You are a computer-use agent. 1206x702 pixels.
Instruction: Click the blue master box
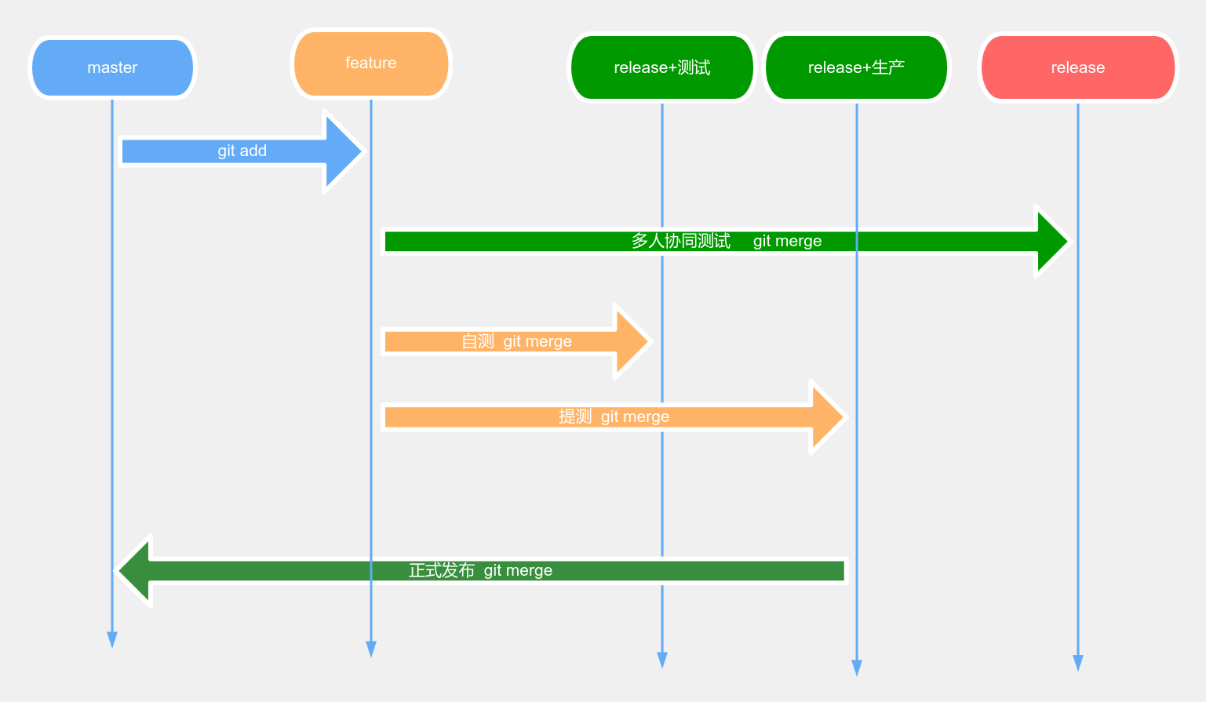pyautogui.click(x=112, y=68)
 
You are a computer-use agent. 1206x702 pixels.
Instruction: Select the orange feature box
pyautogui.click(x=371, y=64)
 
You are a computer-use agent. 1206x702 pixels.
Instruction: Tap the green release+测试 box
pyautogui.click(x=661, y=68)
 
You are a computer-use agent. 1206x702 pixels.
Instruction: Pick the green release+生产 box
pyautogui.click(x=856, y=68)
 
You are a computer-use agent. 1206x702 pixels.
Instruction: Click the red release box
pyautogui.click(x=1077, y=68)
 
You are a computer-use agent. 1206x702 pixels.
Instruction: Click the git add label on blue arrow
pyautogui.click(x=242, y=151)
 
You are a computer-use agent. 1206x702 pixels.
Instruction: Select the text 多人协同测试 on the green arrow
pyautogui.click(x=680, y=241)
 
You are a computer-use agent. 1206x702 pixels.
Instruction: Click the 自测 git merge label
pyautogui.click(x=516, y=341)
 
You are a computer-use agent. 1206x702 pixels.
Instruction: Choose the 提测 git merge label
pyautogui.click(x=614, y=416)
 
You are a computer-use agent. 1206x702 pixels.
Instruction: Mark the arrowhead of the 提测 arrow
pyautogui.click(x=829, y=417)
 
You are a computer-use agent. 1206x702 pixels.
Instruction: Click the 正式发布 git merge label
pyautogui.click(x=480, y=570)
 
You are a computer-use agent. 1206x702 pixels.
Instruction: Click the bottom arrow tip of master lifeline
pyautogui.click(x=112, y=641)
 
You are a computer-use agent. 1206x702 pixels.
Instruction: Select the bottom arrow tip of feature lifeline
pyautogui.click(x=371, y=650)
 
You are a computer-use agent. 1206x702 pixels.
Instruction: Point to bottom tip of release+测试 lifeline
pyautogui.click(x=662, y=660)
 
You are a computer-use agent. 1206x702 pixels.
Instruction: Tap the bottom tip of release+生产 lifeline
pyautogui.click(x=857, y=668)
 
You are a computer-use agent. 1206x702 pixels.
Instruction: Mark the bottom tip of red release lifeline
pyautogui.click(x=1078, y=664)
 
